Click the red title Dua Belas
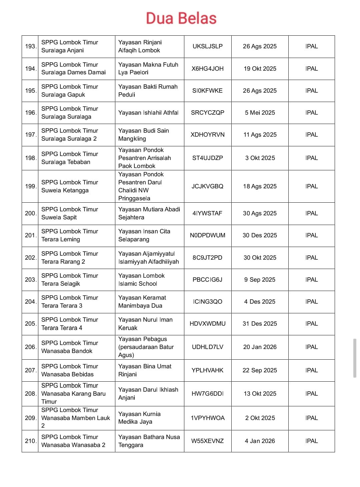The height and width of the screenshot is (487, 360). (181, 18)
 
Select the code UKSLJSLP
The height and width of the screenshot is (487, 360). (207, 46)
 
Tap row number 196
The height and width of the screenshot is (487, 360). (30, 113)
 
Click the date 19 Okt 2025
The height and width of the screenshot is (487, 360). (260, 69)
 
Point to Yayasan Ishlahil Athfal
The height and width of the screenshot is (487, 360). (148, 113)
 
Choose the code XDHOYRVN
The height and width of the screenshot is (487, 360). (207, 135)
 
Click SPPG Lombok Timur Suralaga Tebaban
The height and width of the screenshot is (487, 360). (70, 158)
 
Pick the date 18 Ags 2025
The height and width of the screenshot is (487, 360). (260, 186)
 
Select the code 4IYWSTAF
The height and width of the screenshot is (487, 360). (207, 213)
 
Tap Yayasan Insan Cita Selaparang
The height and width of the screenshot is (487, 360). (144, 235)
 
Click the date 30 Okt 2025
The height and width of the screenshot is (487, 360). (260, 258)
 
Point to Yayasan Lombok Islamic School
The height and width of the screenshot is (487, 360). (141, 280)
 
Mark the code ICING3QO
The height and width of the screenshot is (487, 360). (207, 302)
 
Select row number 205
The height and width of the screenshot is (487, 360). (30, 324)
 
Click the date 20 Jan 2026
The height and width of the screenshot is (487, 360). (260, 347)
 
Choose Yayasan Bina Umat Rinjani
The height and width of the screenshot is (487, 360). (145, 370)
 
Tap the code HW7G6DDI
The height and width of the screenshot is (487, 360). (207, 394)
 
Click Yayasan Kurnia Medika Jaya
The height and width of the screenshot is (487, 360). (139, 418)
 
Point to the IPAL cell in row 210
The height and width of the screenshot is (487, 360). (311, 441)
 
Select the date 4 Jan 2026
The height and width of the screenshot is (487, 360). (260, 441)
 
